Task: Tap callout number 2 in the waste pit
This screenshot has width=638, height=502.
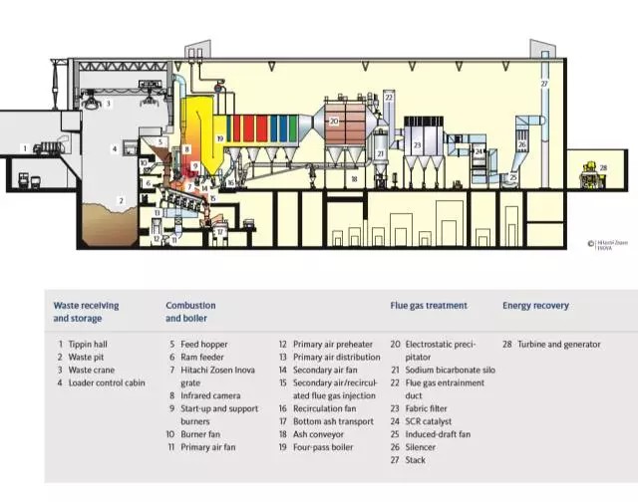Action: click(121, 200)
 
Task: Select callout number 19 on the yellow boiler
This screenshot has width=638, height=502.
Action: click(218, 139)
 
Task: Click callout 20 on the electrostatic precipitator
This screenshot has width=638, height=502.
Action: click(335, 121)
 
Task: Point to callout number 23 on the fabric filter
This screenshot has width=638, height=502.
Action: click(418, 145)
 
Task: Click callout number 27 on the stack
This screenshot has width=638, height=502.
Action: click(544, 85)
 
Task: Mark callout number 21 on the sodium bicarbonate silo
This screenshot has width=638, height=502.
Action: click(381, 154)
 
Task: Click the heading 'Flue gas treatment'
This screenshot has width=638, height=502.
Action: click(429, 306)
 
